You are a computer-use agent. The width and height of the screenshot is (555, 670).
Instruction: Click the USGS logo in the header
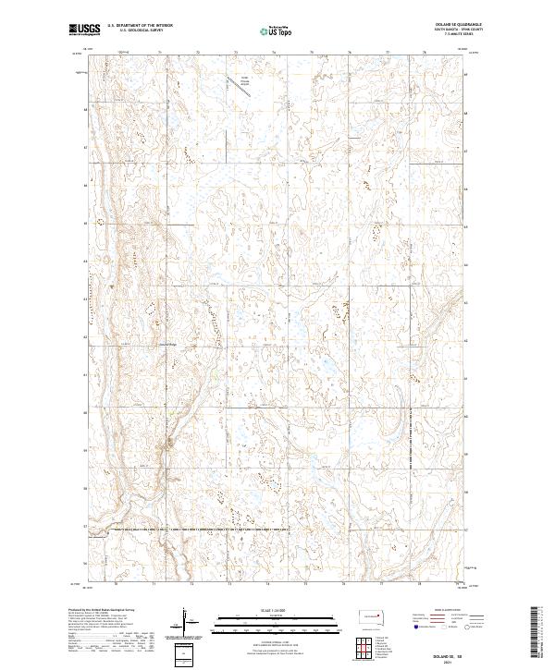(84, 30)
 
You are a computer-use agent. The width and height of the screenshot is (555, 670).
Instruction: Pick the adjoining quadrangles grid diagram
(370, 652)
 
